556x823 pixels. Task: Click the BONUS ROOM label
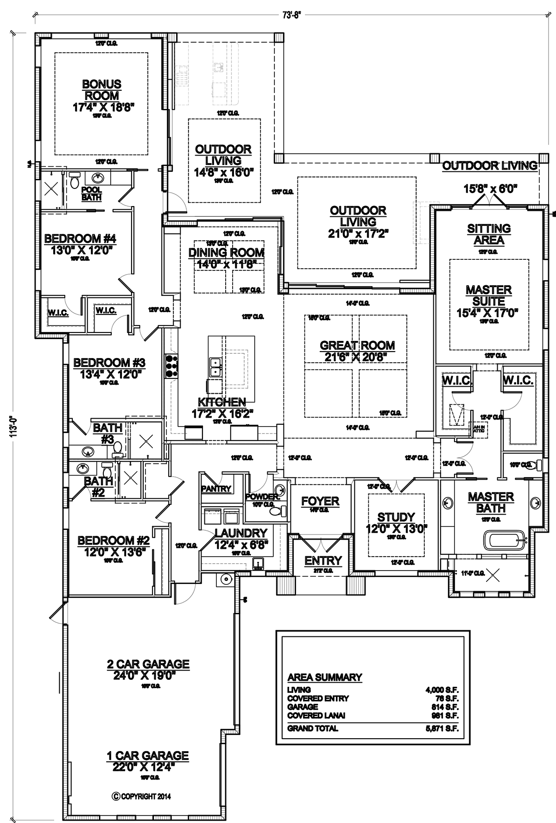[101, 90]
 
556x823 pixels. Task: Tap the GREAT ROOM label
[357, 345]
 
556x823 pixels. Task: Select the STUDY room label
[396, 517]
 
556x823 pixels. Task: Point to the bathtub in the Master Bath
[505, 540]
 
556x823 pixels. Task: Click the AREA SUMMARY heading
[324, 677]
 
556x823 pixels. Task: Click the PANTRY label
[216, 489]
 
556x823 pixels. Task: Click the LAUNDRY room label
[241, 533]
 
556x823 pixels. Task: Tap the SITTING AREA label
[489, 234]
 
